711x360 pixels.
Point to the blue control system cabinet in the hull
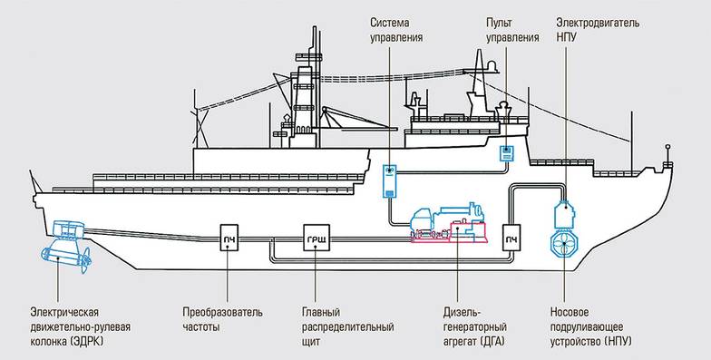[x=390, y=180]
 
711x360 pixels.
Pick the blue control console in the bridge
[x=506, y=153]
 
